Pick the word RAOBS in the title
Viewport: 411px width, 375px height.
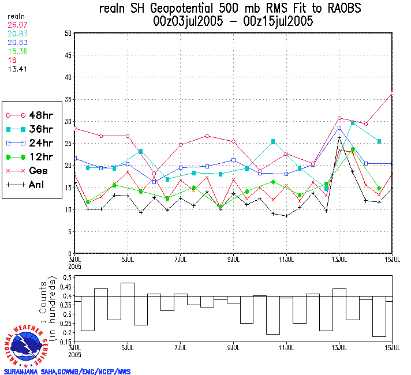coord(344,9)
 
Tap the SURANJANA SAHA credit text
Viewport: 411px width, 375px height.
coord(67,372)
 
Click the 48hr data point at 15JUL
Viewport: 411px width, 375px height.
coord(393,92)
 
